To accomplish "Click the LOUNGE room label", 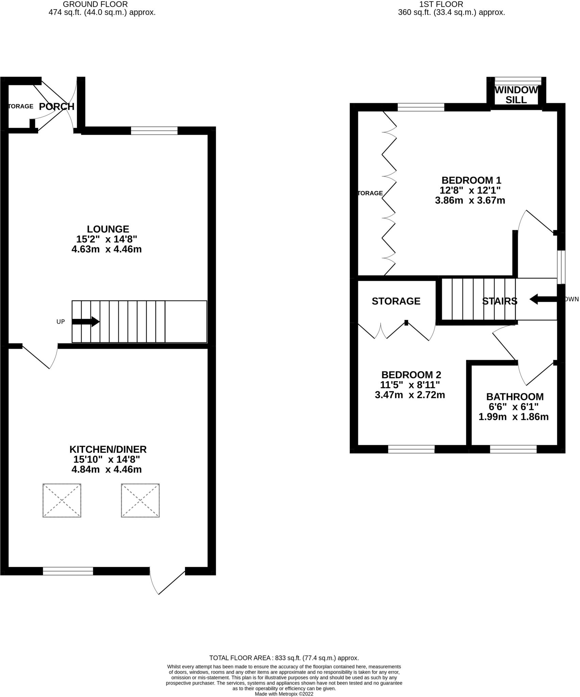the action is [108, 229].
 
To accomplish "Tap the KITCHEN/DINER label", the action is [108, 449].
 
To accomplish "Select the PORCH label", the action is [57, 107].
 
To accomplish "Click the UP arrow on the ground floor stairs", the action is [86, 322].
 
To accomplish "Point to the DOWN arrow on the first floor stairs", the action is [543, 299].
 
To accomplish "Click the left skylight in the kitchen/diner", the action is [62, 500].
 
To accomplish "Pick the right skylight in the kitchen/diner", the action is [140, 500].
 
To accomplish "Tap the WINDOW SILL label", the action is [516, 95].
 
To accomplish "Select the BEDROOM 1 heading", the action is [471, 180].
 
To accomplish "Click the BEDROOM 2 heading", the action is [411, 375].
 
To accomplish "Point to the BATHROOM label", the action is [515, 397].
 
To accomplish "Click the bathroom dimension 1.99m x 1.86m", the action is [514, 417].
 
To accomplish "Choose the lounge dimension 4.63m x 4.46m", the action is [106, 249].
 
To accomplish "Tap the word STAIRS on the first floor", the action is [500, 301].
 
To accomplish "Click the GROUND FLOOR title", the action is [96, 4].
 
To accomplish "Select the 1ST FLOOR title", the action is [441, 4].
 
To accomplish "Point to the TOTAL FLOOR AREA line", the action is [284, 658].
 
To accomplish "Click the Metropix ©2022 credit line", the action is [284, 694].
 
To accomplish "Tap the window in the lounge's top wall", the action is [154, 131].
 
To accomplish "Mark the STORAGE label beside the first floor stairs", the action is [396, 301].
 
